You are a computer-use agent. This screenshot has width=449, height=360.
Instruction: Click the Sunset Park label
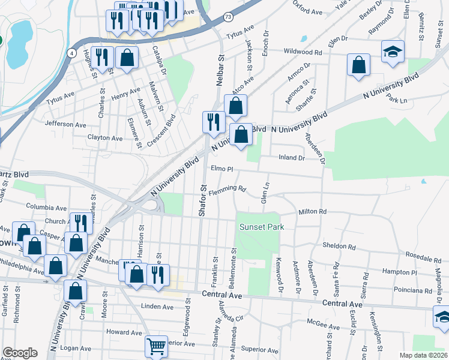click(261, 227)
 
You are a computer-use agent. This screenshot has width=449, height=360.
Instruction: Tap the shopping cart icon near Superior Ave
click(156, 346)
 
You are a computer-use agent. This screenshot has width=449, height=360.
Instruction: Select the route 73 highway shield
click(228, 17)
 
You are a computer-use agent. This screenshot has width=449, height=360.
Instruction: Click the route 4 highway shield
click(73, 53)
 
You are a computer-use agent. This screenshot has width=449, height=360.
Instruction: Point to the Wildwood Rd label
click(303, 52)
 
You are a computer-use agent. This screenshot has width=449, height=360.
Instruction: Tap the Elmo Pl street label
click(221, 169)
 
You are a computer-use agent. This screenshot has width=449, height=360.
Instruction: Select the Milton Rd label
click(312, 212)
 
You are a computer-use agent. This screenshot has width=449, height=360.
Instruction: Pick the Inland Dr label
click(292, 158)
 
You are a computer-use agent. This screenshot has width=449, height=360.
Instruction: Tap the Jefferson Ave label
click(65, 124)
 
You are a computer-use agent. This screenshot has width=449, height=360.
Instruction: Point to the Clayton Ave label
click(105, 137)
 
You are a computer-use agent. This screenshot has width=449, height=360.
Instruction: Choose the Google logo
click(20, 353)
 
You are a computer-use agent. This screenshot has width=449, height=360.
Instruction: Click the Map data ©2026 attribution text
click(423, 355)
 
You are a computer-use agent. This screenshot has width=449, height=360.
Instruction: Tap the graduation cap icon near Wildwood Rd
click(393, 52)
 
